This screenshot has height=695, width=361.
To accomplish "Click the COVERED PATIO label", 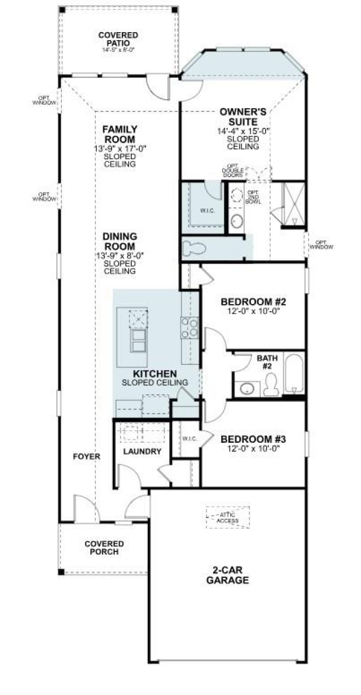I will point(118,39).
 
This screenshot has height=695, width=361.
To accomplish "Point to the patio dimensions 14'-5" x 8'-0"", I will point(118,50).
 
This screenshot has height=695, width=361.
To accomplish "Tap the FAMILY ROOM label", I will point(119,134).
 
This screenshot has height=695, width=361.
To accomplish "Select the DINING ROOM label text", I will point(119,242).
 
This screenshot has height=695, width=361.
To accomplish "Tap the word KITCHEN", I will point(155,374).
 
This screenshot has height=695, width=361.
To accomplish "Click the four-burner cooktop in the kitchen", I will point(189,327).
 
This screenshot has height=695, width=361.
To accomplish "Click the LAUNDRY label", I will point(142,452).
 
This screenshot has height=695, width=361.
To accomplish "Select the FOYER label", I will point(86,457).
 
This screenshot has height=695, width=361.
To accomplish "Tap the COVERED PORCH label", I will point(104,547).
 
